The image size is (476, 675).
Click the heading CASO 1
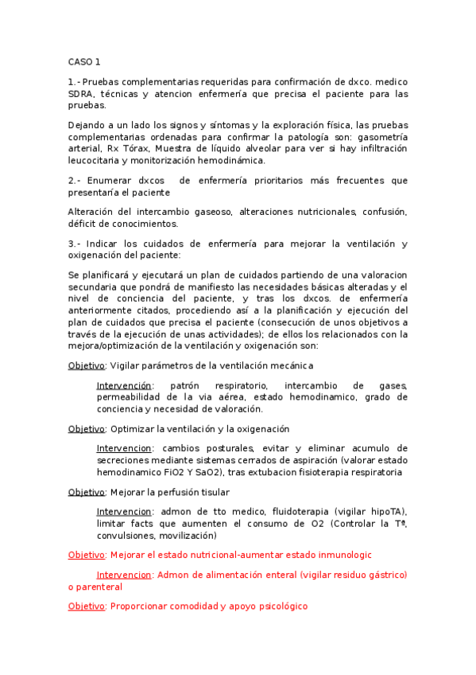click(83, 61)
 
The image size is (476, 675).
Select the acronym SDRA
click(82, 93)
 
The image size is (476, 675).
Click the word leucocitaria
click(97, 160)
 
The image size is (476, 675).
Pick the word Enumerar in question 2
click(107, 181)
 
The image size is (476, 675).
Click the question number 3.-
click(75, 244)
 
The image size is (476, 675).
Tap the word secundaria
click(95, 287)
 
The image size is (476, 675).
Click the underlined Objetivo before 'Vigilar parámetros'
click(87, 365)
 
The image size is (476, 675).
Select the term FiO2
click(164, 472)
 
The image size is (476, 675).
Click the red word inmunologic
click(343, 555)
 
